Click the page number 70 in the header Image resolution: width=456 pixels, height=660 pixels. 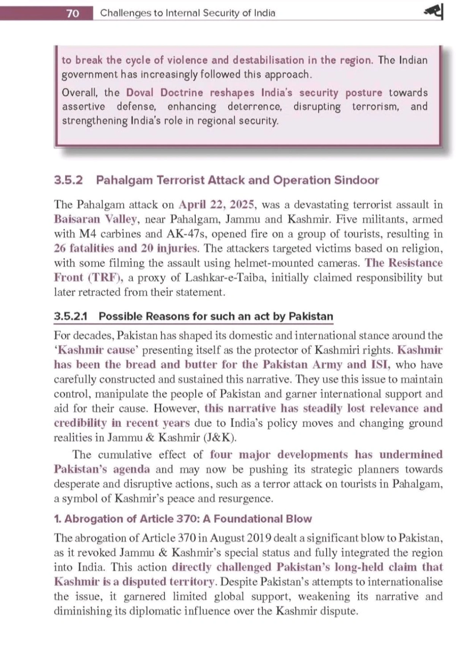(73, 13)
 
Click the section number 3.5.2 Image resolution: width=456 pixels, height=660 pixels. (68, 180)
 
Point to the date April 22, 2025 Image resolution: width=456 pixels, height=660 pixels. (216, 205)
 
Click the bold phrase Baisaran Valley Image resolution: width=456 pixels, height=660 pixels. (95, 219)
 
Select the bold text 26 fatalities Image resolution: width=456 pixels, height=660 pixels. (84, 248)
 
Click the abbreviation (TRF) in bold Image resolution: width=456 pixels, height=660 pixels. (106, 278)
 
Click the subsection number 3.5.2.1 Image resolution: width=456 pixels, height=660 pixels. (71, 316)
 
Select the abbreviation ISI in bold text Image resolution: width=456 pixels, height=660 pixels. (380, 365)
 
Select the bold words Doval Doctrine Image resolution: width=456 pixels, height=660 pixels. (165, 93)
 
